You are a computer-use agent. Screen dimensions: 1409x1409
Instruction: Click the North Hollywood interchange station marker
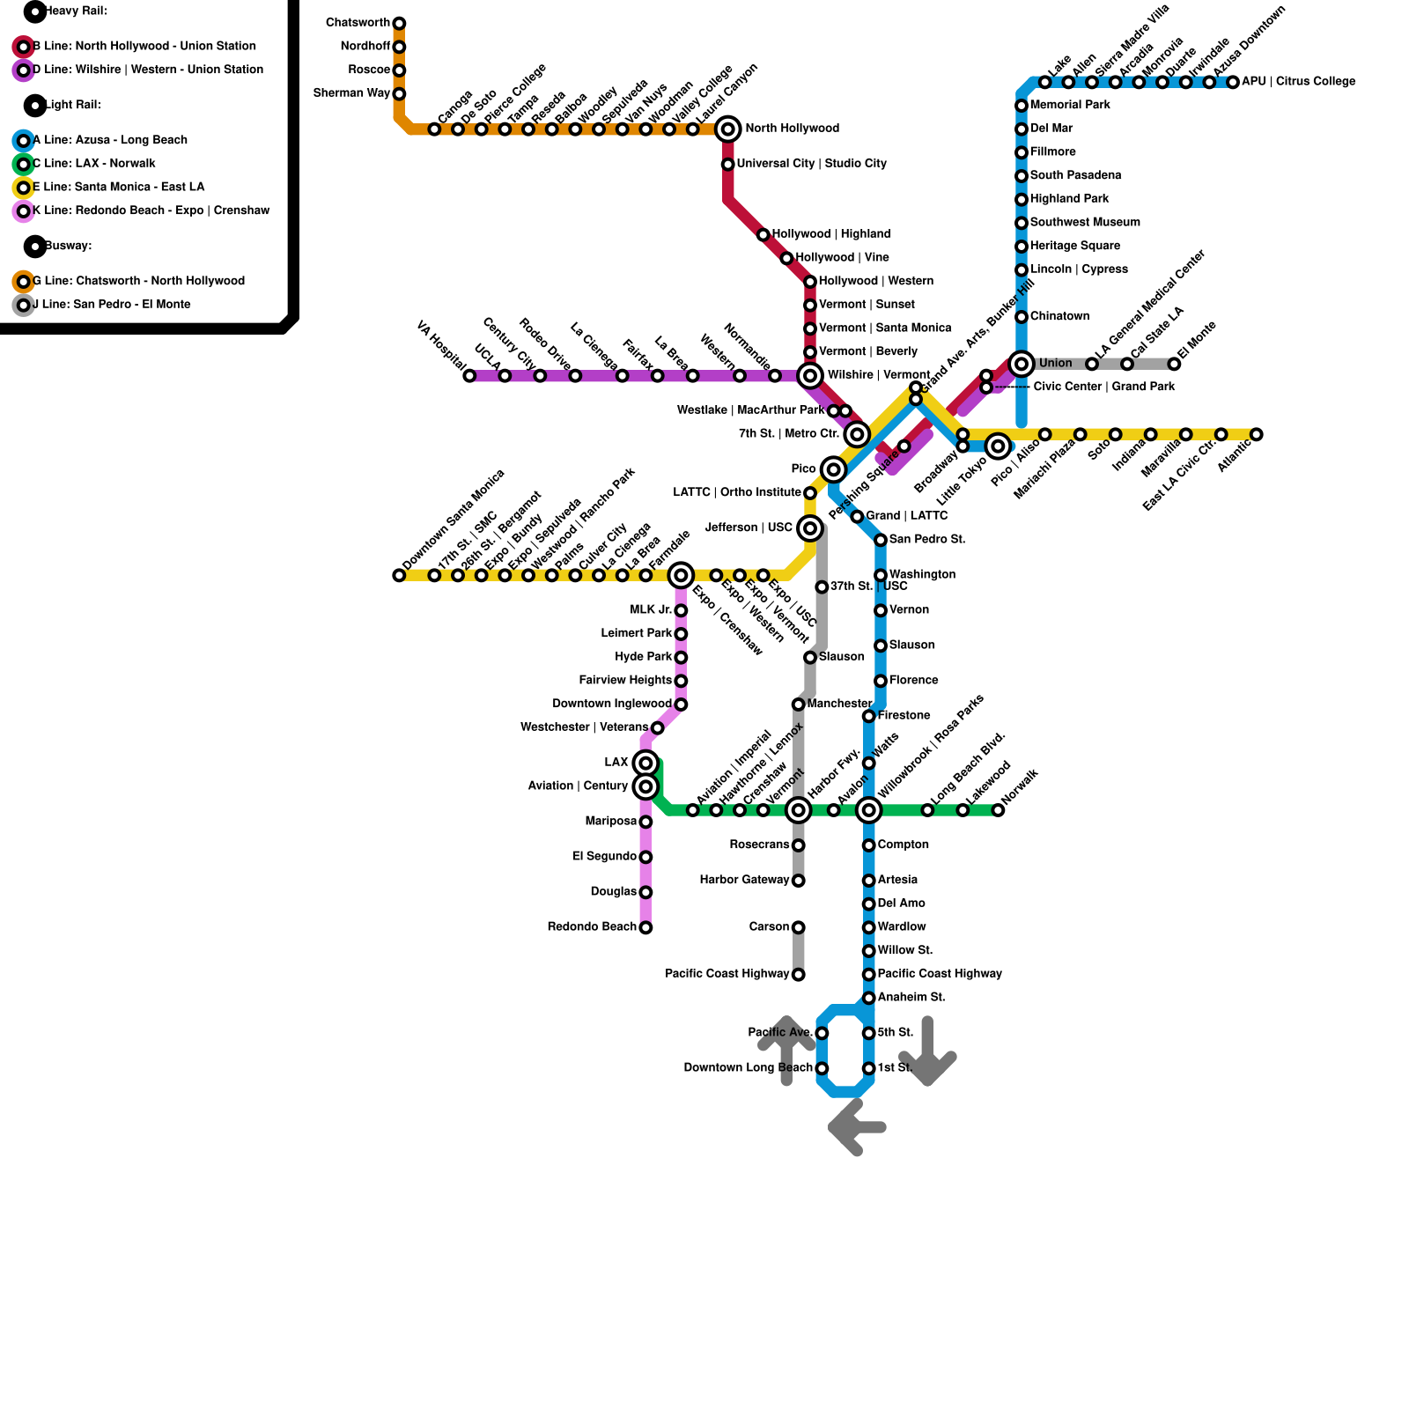tap(727, 129)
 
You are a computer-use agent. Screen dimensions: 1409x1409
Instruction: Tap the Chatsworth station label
tap(358, 23)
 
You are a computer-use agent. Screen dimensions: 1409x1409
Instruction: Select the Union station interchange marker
tap(1022, 364)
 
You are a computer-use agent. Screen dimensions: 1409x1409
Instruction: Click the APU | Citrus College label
tap(1298, 82)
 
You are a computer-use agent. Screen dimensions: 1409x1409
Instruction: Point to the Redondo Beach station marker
tap(645, 927)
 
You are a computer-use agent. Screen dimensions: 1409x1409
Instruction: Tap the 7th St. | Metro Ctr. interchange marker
tap(857, 434)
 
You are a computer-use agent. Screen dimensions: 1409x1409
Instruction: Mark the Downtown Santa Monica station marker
tap(399, 576)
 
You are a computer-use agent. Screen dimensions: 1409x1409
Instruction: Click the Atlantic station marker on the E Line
tap(1257, 434)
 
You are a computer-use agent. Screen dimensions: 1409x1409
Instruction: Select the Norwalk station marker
tap(998, 810)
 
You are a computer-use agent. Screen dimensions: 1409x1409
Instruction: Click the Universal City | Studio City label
tap(811, 164)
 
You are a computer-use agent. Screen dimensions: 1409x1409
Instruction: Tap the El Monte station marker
tap(1174, 364)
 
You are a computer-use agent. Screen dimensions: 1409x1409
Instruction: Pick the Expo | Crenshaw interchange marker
tap(681, 576)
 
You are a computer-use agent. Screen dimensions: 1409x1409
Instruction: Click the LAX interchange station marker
tap(645, 763)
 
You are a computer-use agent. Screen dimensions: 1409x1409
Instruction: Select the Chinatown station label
tap(1059, 317)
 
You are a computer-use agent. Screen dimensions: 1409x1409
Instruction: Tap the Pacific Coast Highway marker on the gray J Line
tap(798, 974)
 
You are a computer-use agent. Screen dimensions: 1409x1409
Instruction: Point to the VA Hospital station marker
tap(469, 376)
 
